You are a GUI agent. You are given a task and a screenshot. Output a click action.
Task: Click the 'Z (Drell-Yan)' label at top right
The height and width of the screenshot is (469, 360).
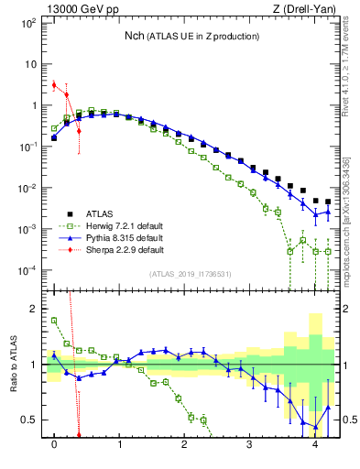click(310, 9)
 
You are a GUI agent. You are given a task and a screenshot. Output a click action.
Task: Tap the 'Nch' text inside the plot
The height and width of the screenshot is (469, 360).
click(136, 36)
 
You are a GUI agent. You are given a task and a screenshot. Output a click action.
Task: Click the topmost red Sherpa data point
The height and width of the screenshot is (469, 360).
click(54, 85)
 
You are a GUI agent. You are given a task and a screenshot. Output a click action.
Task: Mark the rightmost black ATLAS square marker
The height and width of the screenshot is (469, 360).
click(328, 202)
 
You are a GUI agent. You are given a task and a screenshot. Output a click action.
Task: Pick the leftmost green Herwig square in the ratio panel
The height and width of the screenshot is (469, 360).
click(54, 321)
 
